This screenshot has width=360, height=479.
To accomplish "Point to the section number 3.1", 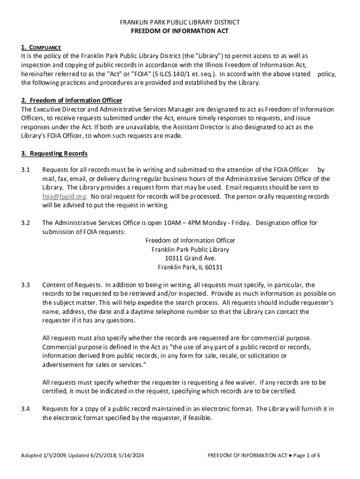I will point(26,170).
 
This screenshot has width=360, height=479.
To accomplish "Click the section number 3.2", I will point(26,223).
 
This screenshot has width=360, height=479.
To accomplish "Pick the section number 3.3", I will point(26,284).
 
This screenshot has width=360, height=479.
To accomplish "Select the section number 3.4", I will point(26,409).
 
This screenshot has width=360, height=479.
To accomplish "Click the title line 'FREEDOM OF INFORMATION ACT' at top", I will point(180,31).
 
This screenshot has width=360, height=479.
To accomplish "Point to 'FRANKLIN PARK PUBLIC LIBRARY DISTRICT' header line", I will point(180,22).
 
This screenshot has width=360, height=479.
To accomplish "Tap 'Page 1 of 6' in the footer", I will point(307,456).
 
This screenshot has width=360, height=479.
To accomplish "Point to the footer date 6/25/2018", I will point(98,456).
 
